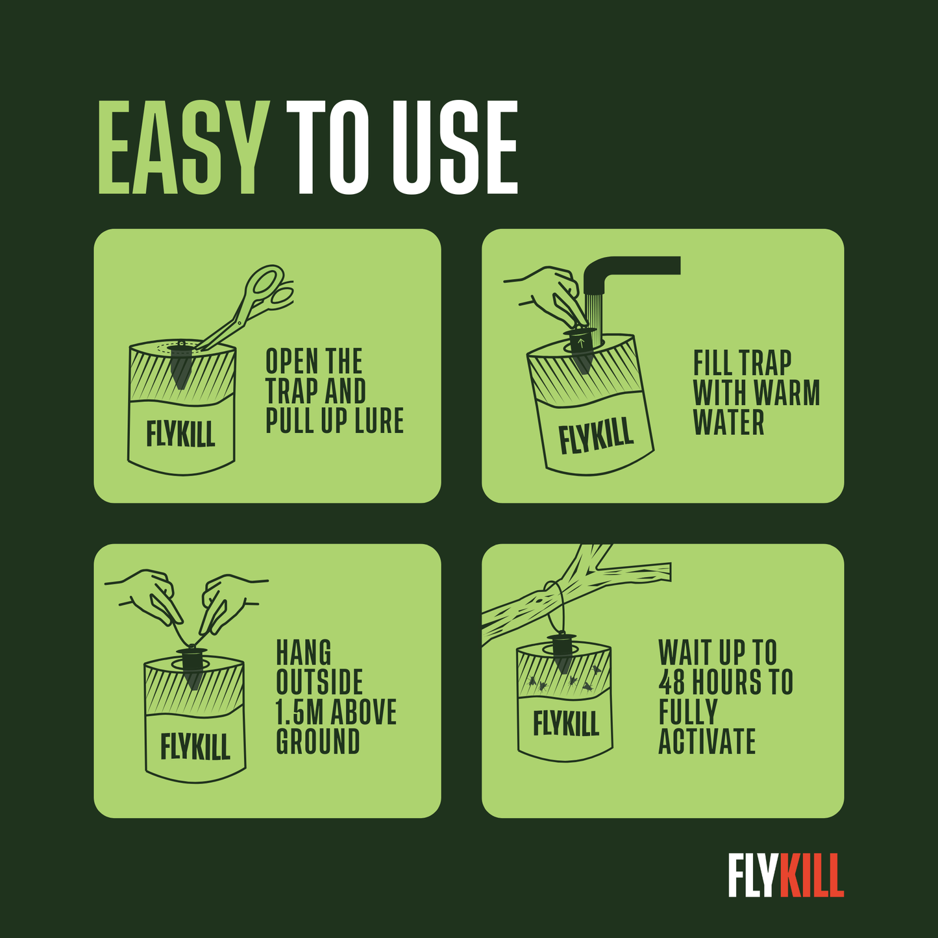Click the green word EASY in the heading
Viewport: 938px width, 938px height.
point(184,148)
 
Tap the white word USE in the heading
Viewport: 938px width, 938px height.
point(454,148)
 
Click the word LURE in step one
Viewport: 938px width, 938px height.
point(380,421)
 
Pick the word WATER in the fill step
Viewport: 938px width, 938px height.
point(728,422)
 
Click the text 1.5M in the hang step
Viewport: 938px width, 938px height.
point(300,711)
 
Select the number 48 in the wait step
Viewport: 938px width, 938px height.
point(672,682)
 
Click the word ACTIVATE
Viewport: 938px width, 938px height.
point(707,741)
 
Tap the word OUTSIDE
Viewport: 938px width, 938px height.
point(319,682)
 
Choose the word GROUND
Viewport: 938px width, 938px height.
point(318,741)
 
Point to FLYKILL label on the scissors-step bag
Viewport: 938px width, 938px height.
point(180,434)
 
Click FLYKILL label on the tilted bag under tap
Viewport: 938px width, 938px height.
point(596,435)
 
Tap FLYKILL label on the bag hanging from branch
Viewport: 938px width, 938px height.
point(566,723)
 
